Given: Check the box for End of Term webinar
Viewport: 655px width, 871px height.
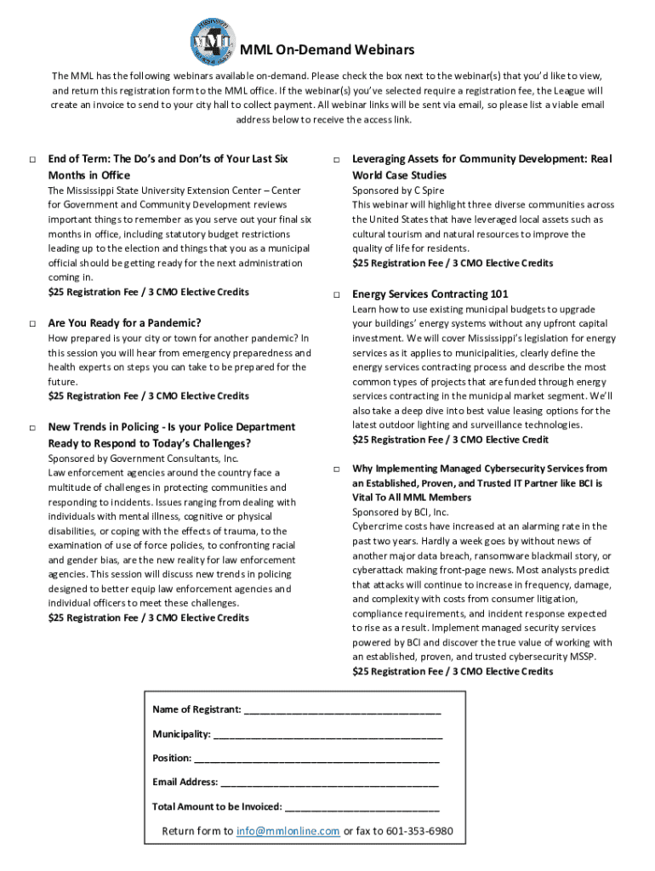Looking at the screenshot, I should (31, 160).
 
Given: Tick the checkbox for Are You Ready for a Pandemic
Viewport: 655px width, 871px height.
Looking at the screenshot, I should (31, 324).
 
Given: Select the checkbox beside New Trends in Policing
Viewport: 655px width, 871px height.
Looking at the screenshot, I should (31, 428).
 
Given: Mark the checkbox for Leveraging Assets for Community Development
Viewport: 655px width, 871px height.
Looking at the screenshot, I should (336, 160).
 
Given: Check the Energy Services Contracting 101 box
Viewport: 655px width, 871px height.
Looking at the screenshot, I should (336, 295).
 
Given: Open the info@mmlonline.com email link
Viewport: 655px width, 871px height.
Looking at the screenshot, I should (288, 831).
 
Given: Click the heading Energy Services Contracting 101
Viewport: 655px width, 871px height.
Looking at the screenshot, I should (430, 294).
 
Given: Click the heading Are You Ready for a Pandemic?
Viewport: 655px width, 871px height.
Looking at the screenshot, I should (124, 323).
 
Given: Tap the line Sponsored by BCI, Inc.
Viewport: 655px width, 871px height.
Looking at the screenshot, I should (400, 512).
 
